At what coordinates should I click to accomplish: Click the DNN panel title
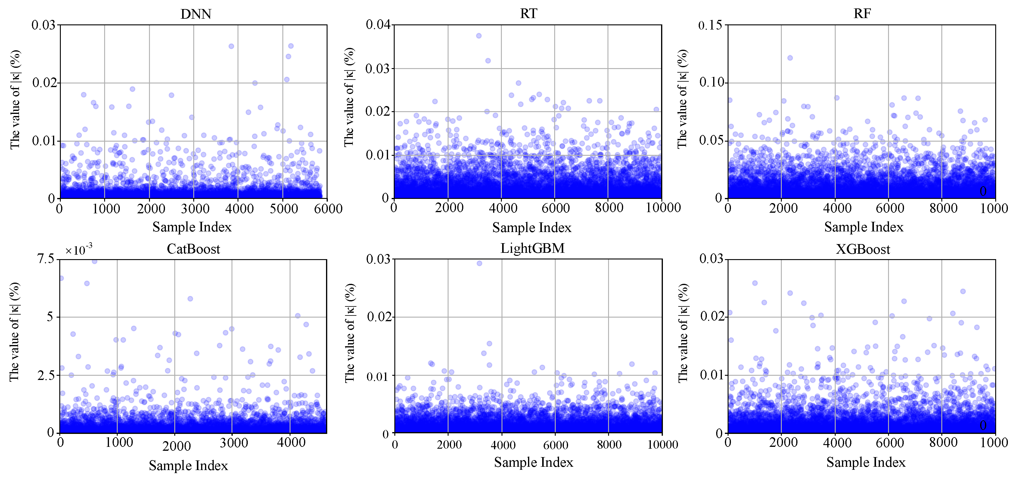click(x=196, y=14)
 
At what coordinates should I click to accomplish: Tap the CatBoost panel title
click(x=193, y=249)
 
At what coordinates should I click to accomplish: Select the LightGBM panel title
click(x=533, y=248)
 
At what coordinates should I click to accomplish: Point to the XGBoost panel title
click(x=863, y=249)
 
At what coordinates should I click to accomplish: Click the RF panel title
click(x=862, y=14)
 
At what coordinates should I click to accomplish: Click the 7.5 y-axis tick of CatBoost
click(x=45, y=259)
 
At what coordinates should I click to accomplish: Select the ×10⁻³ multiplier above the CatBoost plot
click(x=79, y=250)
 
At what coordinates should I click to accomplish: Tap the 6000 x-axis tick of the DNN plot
click(x=328, y=209)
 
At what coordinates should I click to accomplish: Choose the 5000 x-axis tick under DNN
click(x=284, y=209)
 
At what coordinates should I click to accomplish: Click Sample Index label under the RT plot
click(x=532, y=228)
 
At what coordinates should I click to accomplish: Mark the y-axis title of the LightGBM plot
click(x=350, y=333)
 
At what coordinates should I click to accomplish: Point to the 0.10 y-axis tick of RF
click(x=712, y=83)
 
